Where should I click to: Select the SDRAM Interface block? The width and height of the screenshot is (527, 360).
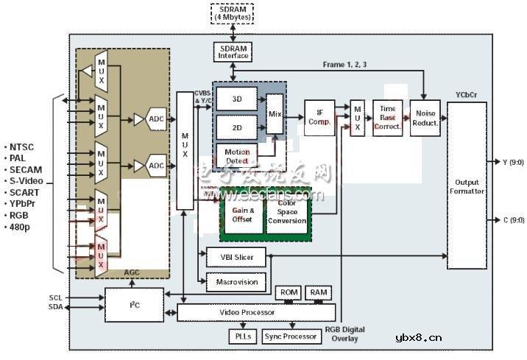tap(233, 52)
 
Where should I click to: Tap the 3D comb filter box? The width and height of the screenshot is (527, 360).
tap(236, 99)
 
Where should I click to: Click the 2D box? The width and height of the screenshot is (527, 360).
tap(236, 127)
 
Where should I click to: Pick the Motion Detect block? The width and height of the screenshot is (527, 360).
tap(237, 155)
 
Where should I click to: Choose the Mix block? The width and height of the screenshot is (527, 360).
tap(275, 114)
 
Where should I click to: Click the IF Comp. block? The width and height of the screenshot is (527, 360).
tap(319, 117)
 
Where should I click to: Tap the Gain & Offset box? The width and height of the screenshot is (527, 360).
tap(242, 214)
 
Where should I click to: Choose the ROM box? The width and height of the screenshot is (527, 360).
tap(287, 292)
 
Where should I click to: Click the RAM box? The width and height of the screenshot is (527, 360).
tap(319, 292)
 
